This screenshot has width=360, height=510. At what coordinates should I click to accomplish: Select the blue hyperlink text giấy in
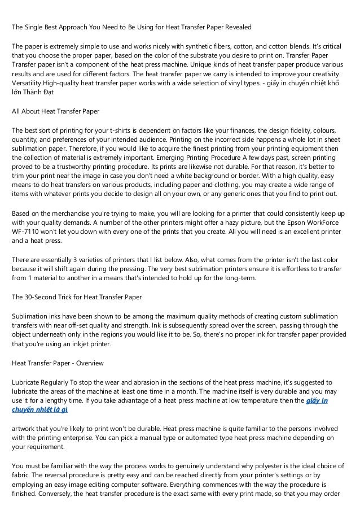pos(319,400)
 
